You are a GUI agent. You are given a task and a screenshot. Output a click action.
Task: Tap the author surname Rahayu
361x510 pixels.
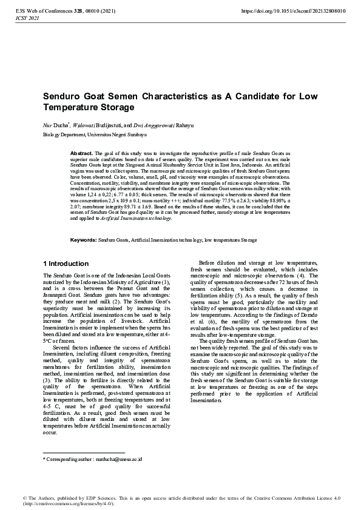pyautogui.click(x=186, y=125)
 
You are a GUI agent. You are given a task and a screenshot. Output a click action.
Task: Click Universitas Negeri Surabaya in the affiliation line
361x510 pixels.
pyautogui.click(x=112, y=134)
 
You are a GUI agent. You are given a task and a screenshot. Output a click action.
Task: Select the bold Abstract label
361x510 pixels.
pyautogui.click(x=82, y=154)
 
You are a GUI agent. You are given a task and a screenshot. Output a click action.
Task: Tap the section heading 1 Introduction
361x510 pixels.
pyautogui.click(x=66, y=280)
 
